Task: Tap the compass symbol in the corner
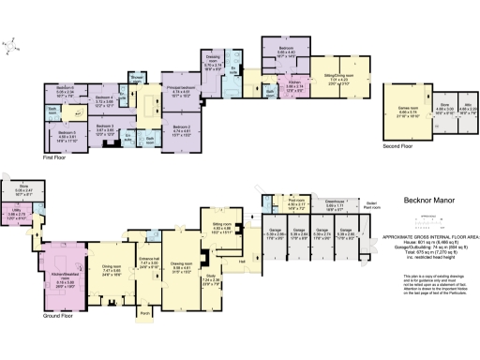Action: [10, 42]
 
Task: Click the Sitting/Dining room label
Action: [339, 73]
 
